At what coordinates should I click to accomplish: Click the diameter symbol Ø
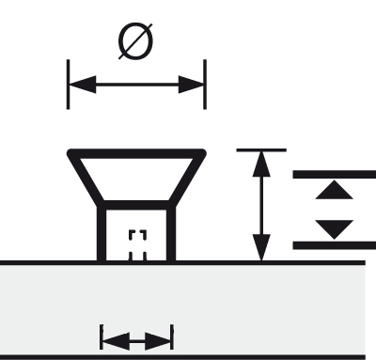coord(135,40)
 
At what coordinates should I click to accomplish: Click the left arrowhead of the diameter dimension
coord(82,85)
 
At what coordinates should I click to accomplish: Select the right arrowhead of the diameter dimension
coord(192,85)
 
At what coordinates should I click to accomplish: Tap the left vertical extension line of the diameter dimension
coord(68,85)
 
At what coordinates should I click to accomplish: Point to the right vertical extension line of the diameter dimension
coord(205,85)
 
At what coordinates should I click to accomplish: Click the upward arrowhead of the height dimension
coord(261,164)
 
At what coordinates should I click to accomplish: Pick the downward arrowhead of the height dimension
coord(261,247)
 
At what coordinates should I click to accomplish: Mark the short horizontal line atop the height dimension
coord(261,150)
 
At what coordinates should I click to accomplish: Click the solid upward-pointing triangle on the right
coord(335,190)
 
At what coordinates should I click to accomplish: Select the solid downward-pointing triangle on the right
coord(335,229)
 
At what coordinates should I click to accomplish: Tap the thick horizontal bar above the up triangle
coord(335,175)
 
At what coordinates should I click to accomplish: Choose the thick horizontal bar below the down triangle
coord(335,245)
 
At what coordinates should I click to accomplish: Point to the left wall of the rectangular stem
coord(102,233)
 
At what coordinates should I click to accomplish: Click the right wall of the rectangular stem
coord(171,233)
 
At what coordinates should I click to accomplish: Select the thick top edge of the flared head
coord(136,153)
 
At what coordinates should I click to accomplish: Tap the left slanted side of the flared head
coord(86,178)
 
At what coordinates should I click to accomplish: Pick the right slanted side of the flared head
coord(187,178)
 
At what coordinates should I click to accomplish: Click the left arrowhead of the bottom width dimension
coord(116,341)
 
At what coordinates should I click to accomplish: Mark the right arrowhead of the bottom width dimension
coord(158,341)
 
